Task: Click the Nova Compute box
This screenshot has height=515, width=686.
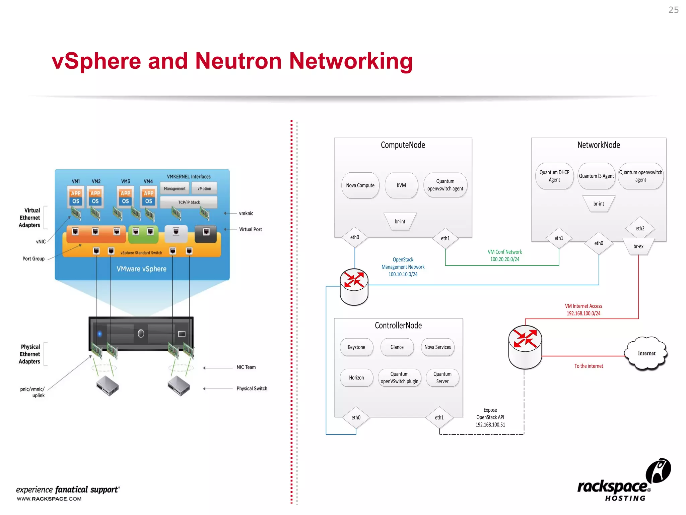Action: (360, 185)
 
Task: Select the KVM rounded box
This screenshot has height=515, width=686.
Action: (401, 185)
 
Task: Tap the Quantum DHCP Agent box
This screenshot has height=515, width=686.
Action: (554, 176)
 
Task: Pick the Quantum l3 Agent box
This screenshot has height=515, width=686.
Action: (596, 176)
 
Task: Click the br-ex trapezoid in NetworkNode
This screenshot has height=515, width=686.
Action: (638, 246)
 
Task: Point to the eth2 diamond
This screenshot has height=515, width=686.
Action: (640, 229)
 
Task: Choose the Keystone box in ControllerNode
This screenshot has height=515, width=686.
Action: (356, 347)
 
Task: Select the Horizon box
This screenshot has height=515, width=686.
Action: (356, 378)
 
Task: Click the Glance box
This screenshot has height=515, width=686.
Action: (397, 347)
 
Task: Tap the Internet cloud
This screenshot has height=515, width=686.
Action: (646, 353)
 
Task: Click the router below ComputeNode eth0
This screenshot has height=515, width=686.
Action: (354, 287)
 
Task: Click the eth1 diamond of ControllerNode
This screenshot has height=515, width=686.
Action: (439, 418)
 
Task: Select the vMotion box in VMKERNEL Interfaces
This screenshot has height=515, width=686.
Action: (204, 188)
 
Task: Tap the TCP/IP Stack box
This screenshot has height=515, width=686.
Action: (189, 202)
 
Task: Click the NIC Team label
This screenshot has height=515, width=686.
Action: (246, 367)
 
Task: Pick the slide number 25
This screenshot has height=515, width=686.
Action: (673, 10)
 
